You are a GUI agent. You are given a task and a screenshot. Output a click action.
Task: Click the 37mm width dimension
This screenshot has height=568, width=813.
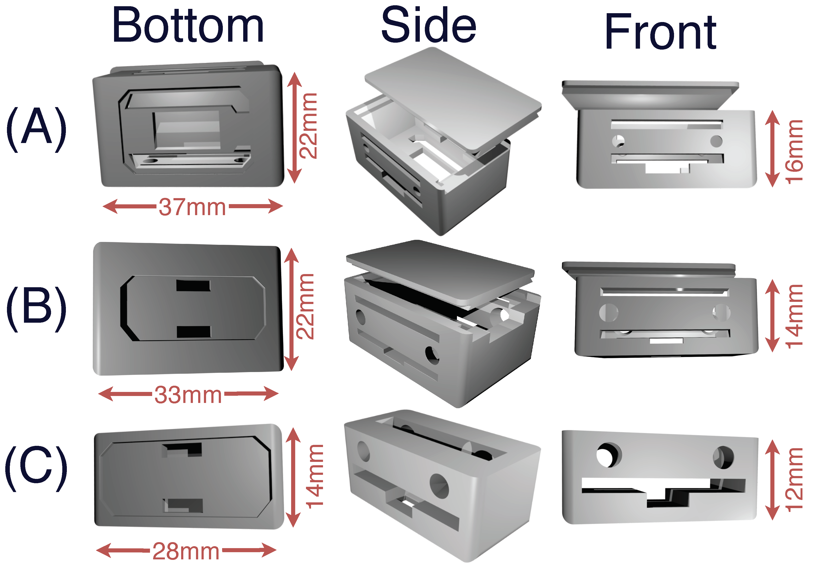coord(192,207)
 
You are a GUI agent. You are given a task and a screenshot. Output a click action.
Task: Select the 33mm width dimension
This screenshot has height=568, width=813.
coord(188,395)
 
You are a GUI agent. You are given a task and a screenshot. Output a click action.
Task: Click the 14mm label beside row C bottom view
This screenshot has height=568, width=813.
coord(314,476)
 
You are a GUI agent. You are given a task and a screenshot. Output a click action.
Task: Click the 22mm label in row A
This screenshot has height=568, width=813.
coord(308,126)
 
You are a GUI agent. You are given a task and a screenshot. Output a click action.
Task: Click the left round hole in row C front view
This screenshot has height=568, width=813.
coord(609,455)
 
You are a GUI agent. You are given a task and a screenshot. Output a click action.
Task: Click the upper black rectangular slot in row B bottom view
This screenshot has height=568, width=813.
coord(193,285)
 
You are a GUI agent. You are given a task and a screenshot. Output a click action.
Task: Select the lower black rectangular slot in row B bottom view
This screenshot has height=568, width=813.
coord(194,332)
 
